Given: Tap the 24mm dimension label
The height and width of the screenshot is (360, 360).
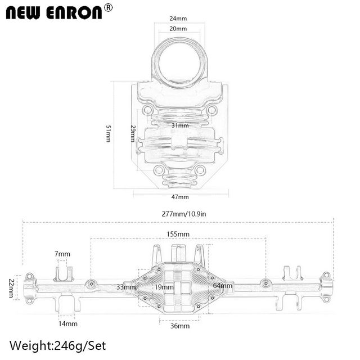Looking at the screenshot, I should coord(178,19).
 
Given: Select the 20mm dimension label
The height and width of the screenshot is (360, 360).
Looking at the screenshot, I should coord(178,28).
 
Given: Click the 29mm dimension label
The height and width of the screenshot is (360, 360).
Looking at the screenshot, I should coord(133,133).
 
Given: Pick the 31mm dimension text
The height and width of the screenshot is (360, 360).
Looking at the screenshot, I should coord(180,125).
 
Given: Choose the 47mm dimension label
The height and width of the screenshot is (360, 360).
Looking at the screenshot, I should coord(180,197).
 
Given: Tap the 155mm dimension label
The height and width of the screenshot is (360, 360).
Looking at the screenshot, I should coord(178,233).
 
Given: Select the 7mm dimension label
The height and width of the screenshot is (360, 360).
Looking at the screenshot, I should coord(64,254).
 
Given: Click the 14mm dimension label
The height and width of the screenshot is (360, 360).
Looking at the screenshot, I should coord(67,323).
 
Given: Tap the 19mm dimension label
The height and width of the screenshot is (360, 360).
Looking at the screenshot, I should coord(164,287).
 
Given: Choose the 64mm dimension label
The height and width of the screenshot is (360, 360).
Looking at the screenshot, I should coord(223,286).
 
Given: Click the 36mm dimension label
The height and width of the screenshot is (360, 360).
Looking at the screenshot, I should coord(180,326).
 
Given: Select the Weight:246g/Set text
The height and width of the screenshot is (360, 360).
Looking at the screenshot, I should coord(57,345).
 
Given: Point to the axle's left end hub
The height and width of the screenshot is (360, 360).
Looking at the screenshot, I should coord(29,287).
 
